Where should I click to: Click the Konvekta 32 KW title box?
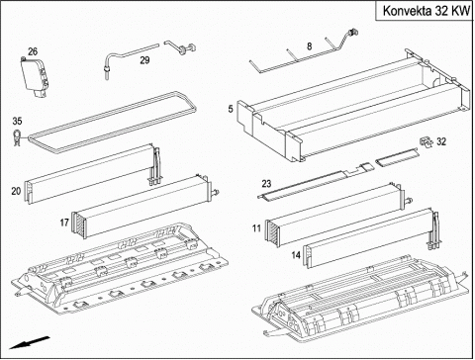425,11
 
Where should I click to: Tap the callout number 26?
33,51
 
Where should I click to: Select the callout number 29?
144,60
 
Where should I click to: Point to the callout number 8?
309,46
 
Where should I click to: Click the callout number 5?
231,109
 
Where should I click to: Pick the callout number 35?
17,121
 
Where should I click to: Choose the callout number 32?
441,141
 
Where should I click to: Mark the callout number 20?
16,191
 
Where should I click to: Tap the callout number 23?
266,183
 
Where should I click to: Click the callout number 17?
64,223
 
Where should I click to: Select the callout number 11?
256,228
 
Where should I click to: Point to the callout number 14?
296,255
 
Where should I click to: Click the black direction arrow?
30,342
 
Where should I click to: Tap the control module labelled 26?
36,77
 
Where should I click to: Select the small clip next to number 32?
426,142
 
